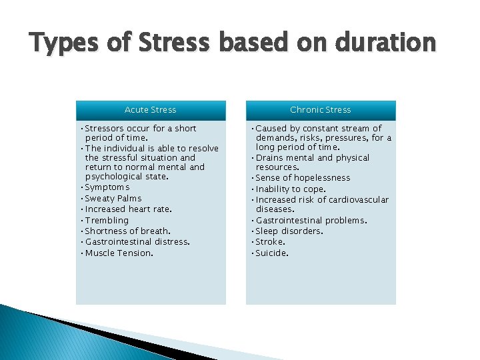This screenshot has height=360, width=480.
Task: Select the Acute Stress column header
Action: click(151, 110)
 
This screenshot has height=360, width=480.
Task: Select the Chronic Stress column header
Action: click(321, 110)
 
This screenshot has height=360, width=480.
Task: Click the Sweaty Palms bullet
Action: click(113, 199)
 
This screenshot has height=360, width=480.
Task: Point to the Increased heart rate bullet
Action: click(128, 209)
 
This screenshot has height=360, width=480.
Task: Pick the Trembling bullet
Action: click(107, 221)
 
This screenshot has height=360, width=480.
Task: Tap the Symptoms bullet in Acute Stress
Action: click(107, 188)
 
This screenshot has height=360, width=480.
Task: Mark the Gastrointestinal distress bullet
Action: click(137, 242)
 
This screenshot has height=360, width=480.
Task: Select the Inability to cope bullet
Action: click(291, 189)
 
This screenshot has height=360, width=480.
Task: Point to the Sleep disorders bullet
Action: click(289, 231)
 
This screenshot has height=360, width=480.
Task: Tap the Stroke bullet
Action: click(270, 242)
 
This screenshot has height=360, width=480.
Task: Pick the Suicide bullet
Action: click(272, 253)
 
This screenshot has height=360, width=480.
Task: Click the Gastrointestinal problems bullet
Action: click(311, 221)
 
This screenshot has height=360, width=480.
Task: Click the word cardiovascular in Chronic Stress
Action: click(360, 200)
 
